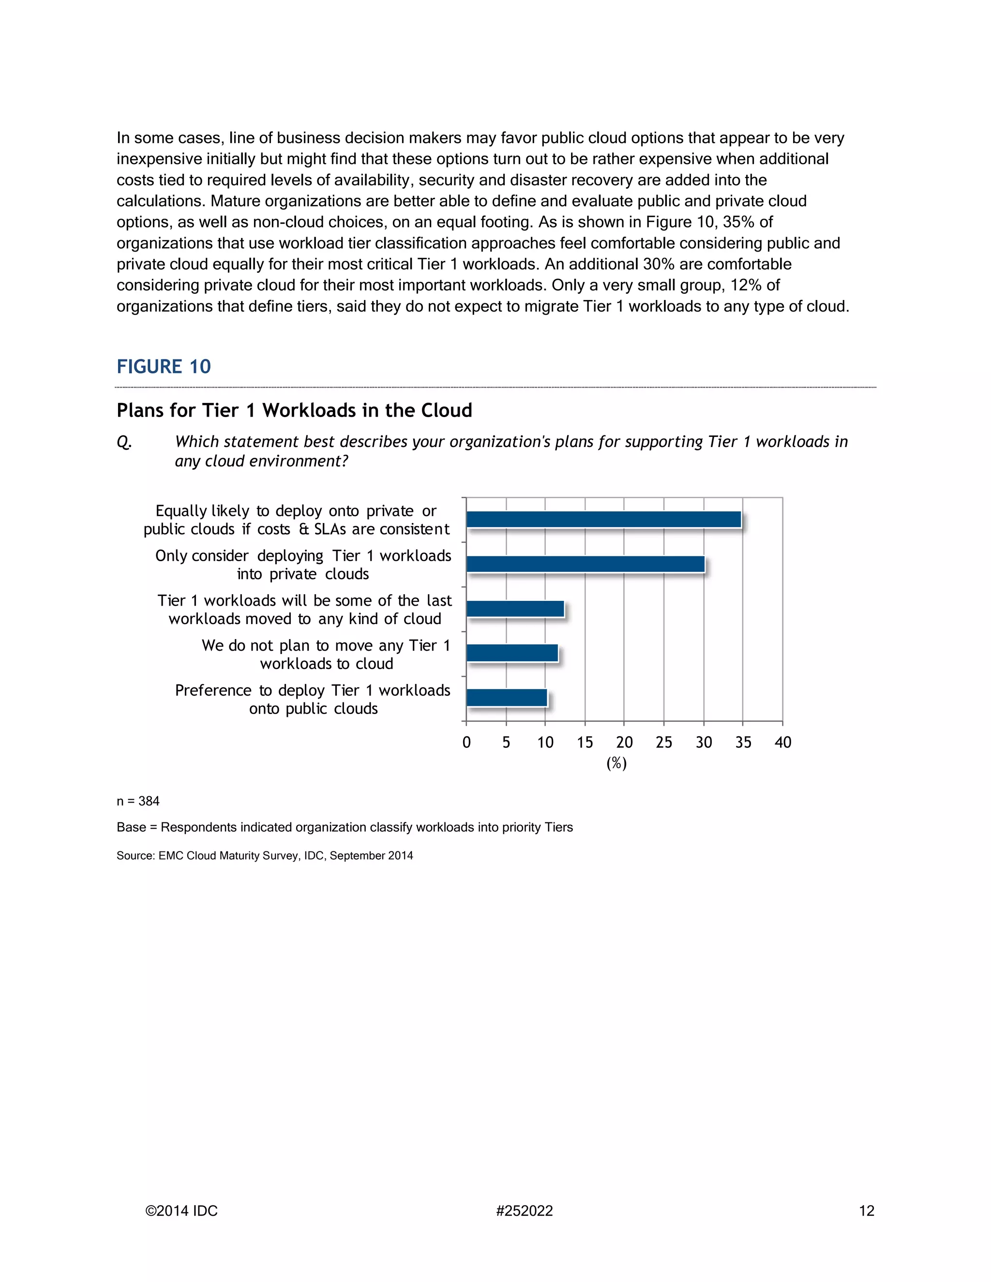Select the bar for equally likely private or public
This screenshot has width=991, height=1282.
pyautogui.click(x=603, y=520)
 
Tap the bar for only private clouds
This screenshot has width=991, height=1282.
pyautogui.click(x=586, y=564)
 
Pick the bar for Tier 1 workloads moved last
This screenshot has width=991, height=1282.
pyautogui.click(x=515, y=609)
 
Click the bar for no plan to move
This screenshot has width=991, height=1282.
pyautogui.click(x=512, y=653)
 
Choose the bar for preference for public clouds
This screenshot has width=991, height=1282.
pyautogui.click(x=507, y=698)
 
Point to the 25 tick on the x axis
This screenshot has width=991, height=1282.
pyautogui.click(x=663, y=743)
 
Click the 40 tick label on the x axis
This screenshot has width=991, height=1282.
pyautogui.click(x=782, y=743)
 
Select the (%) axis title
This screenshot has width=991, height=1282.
pyautogui.click(x=616, y=763)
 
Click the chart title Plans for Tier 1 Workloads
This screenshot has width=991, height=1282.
pyautogui.click(x=294, y=410)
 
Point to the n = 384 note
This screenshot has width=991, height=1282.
pyautogui.click(x=138, y=801)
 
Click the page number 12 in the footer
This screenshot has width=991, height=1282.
pyautogui.click(x=867, y=1211)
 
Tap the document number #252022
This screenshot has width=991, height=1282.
pyautogui.click(x=524, y=1211)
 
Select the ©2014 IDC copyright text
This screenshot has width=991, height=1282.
pyautogui.click(x=181, y=1211)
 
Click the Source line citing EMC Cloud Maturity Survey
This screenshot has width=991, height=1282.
pyautogui.click(x=264, y=856)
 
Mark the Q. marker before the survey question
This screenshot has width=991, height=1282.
pyautogui.click(x=124, y=442)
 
